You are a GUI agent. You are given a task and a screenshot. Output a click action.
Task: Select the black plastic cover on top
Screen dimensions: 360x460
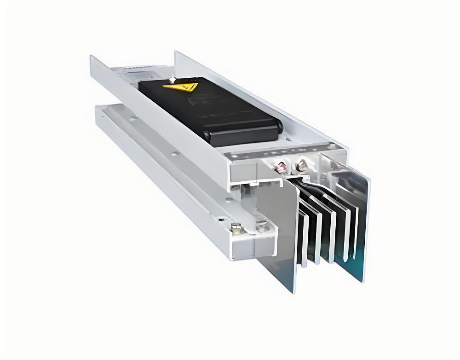click(207, 108)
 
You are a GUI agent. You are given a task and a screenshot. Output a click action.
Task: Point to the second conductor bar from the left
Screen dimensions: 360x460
click(317, 230)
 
